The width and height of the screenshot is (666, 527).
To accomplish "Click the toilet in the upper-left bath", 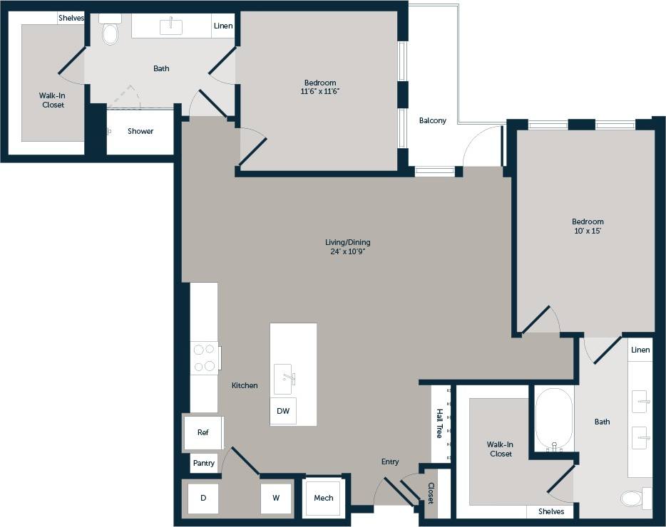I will click(x=111, y=33).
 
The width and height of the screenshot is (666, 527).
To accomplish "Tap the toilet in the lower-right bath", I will click(x=632, y=498).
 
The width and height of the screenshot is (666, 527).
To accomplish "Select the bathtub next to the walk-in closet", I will click(x=554, y=419).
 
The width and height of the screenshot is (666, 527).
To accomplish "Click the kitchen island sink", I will click(x=285, y=375).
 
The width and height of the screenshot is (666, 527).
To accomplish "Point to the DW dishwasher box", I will click(x=283, y=411).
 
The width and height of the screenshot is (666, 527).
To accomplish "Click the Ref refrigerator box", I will click(x=203, y=432).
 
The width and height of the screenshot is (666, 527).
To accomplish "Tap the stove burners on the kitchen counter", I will click(x=205, y=358).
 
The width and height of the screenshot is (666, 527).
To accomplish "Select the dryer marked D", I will click(x=203, y=498).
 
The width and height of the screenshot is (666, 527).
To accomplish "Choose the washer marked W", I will click(x=276, y=498).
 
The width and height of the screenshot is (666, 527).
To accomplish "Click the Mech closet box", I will click(x=324, y=498).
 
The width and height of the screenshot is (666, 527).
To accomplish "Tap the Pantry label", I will click(x=204, y=464).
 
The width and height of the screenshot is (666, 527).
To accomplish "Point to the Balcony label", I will click(x=433, y=120).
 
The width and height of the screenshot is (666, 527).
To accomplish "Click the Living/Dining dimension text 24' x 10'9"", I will click(x=348, y=252).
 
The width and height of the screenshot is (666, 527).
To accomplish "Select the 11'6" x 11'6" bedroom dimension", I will click(x=320, y=91).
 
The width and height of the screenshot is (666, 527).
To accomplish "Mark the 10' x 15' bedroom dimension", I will click(x=588, y=231).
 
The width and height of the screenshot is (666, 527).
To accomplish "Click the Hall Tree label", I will click(x=440, y=423).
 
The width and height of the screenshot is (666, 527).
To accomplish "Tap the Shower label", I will click(x=140, y=131).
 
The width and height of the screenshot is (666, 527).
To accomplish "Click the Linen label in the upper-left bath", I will click(x=222, y=26).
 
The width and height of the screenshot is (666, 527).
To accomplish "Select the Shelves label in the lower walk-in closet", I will click(x=551, y=511).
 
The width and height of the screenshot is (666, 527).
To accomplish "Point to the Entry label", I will click(x=390, y=462).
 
